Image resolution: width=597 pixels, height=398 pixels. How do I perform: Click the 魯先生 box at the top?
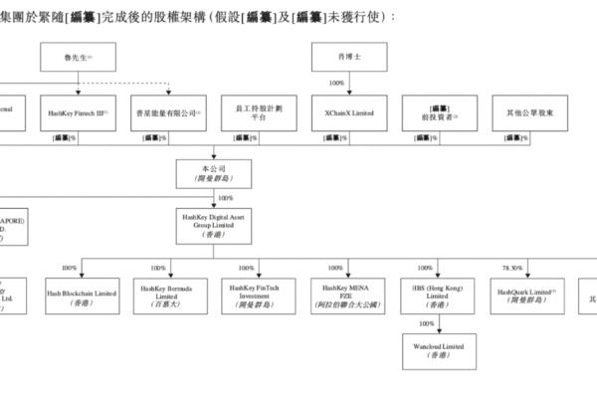click(81, 60)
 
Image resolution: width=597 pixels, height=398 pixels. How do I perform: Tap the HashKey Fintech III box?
click(81, 113)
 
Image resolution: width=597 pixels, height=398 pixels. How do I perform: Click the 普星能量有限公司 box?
click(168, 113)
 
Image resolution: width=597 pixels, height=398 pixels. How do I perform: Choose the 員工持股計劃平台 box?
click(256, 113)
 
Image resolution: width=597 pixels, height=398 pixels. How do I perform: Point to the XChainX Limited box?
click(343, 113)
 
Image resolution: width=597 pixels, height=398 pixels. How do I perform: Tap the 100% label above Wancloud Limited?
click(426, 323)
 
